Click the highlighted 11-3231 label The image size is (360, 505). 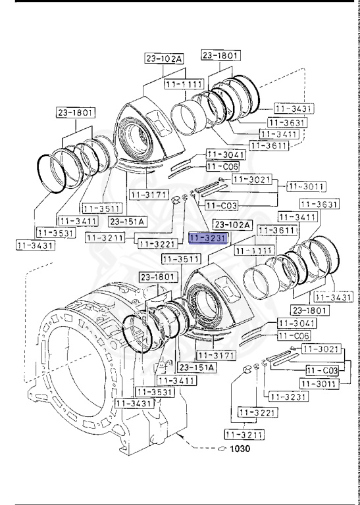point(209,238)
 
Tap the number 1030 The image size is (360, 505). point(240,448)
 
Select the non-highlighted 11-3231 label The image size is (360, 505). point(288,397)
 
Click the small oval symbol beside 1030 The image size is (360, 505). point(222,448)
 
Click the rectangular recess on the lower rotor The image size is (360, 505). point(228,290)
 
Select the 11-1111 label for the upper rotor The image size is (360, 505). point(184,84)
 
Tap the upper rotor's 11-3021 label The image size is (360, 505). point(252,179)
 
